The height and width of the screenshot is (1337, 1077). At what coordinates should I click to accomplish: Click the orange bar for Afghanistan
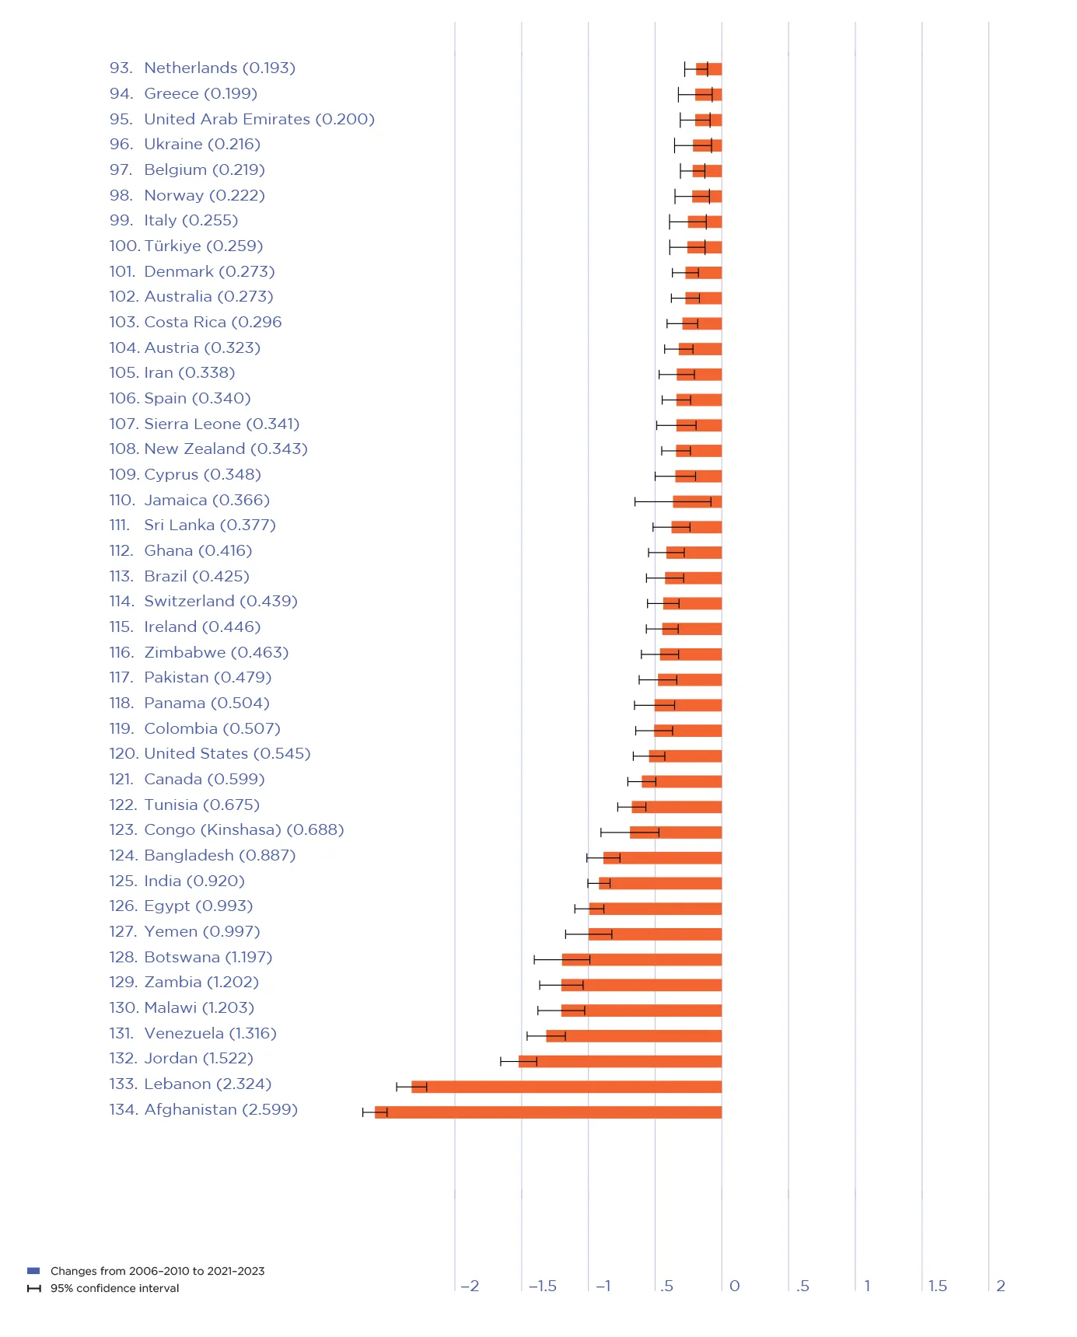click(548, 1112)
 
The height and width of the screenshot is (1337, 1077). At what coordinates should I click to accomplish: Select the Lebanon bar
click(566, 1087)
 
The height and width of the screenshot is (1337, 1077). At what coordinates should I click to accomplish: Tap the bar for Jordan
click(620, 1061)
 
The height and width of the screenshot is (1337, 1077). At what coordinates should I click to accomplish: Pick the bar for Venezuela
click(634, 1036)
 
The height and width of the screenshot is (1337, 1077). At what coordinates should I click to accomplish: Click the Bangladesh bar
click(663, 858)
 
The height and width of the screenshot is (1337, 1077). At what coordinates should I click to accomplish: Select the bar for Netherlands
click(709, 69)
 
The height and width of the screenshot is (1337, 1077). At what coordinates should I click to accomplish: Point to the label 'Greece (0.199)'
click(201, 94)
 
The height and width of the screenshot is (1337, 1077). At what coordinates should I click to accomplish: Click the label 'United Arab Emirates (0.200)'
click(259, 120)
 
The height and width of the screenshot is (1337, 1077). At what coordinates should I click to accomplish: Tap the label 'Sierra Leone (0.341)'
click(222, 424)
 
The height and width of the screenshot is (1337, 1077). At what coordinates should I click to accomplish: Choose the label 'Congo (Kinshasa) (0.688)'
click(243, 830)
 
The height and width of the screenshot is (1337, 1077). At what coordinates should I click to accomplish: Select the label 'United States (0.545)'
click(227, 754)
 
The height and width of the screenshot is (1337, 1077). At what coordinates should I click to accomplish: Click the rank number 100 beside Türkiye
click(124, 246)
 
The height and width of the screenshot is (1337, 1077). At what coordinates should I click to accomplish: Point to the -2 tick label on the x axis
click(470, 1286)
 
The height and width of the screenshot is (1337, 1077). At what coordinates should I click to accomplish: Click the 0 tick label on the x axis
click(734, 1286)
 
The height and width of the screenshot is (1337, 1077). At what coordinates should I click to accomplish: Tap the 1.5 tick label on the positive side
click(938, 1286)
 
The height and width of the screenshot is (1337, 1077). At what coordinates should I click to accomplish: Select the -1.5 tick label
click(542, 1286)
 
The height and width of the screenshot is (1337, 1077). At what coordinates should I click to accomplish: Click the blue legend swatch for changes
click(33, 1271)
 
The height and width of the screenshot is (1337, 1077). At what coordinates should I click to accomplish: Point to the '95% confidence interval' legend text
click(114, 1288)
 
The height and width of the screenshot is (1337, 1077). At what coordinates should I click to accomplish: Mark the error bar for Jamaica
click(673, 501)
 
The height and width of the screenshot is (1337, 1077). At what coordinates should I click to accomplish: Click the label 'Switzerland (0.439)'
click(221, 602)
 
